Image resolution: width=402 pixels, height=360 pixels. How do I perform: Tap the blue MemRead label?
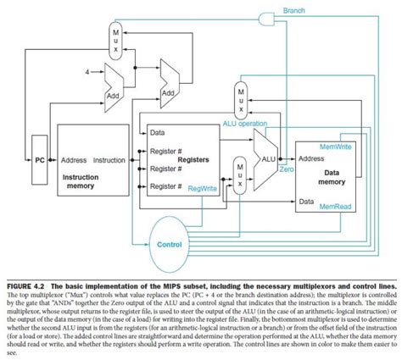click(x=336, y=204)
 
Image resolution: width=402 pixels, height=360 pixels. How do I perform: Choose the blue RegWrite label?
click(x=202, y=189)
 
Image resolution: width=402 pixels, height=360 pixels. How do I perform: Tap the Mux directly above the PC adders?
click(x=116, y=38)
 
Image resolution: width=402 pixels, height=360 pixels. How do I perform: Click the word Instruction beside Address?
click(x=109, y=158)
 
